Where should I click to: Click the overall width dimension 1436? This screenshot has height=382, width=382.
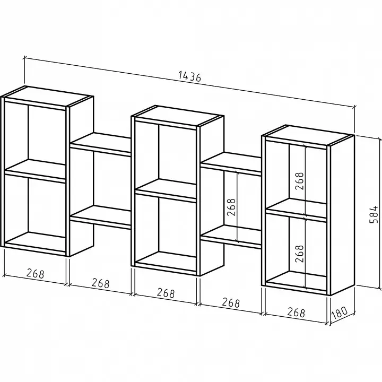[190, 76]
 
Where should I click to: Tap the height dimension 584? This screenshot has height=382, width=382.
[374, 214]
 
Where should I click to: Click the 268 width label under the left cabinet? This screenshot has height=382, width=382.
[36, 273]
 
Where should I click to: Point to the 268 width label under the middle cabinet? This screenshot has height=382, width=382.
[166, 293]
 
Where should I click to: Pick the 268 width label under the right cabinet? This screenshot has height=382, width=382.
[296, 312]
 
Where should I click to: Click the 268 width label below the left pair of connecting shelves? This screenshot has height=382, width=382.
[101, 283]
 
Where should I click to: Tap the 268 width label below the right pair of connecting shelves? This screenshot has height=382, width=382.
[231, 302]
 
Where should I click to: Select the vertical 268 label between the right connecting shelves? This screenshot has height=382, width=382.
[231, 207]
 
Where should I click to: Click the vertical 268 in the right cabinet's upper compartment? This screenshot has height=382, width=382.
[300, 181]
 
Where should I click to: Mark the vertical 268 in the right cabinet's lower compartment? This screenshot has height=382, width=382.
[300, 254]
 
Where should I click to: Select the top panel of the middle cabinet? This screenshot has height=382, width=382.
[178, 116]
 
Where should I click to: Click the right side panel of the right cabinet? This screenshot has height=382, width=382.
[342, 215]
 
